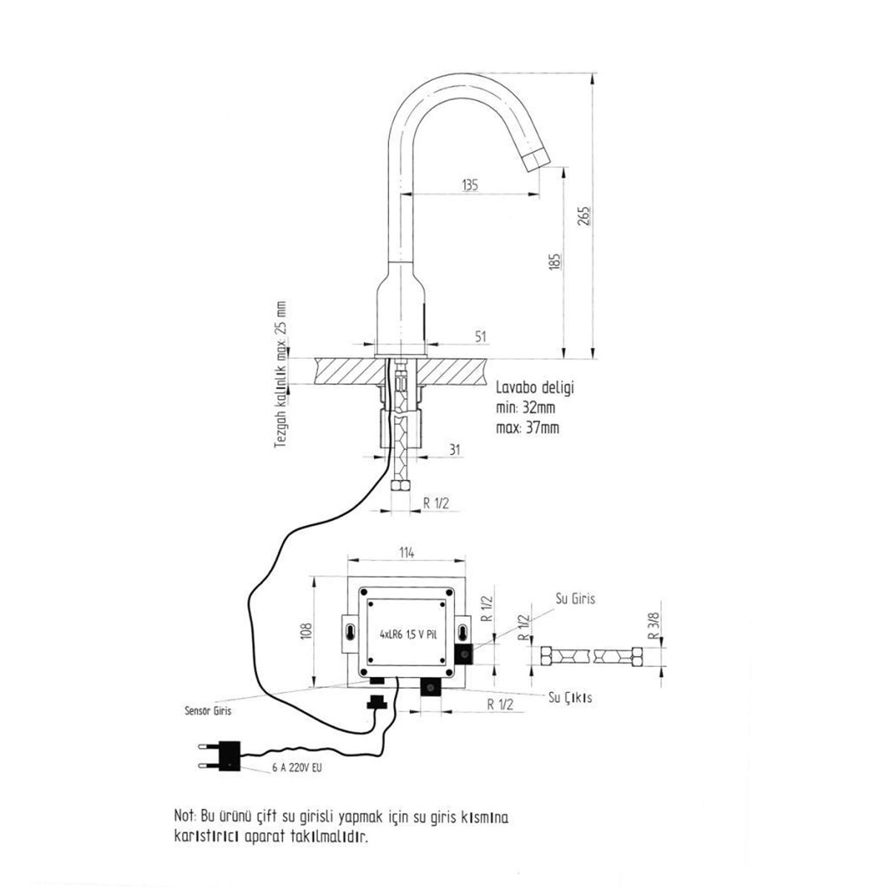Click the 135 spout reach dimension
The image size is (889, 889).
point(470,185)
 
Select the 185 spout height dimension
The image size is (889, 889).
point(556,261)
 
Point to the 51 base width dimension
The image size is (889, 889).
point(480,337)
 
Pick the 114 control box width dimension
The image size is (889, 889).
point(407,552)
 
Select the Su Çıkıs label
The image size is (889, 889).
point(570,697)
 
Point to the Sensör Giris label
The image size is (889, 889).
point(208,710)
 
